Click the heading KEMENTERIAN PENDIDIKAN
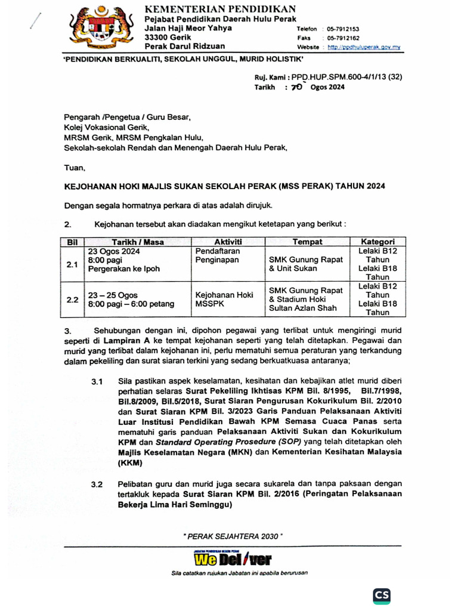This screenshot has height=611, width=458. (x=221, y=8)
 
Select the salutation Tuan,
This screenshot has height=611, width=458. (x=75, y=168)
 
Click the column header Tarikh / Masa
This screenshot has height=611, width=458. (x=138, y=242)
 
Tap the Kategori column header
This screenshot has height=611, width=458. (x=377, y=242)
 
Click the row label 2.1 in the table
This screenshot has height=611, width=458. (x=72, y=264)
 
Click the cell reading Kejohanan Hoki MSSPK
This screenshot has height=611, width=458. (x=224, y=299)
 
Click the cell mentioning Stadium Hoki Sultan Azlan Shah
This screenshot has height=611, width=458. (x=306, y=299)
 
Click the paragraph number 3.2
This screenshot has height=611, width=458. (x=97, y=484)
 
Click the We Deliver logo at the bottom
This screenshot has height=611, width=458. (x=232, y=559)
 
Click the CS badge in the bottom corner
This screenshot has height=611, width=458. (x=382, y=595)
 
